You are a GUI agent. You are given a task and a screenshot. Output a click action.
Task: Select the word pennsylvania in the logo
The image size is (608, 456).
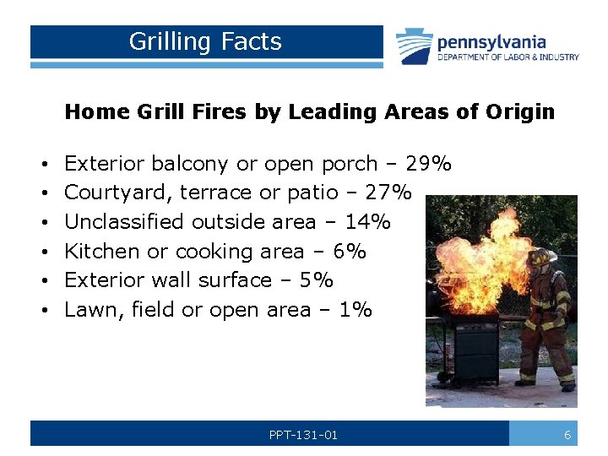click(491, 41)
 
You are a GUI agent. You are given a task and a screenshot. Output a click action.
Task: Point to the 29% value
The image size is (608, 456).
click(428, 163)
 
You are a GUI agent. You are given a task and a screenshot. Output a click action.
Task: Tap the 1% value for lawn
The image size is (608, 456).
click(355, 310)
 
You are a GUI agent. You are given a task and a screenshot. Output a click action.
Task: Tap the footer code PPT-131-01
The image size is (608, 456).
click(303, 435)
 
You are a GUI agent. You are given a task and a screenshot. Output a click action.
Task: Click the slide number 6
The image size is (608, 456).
click(567, 435)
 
